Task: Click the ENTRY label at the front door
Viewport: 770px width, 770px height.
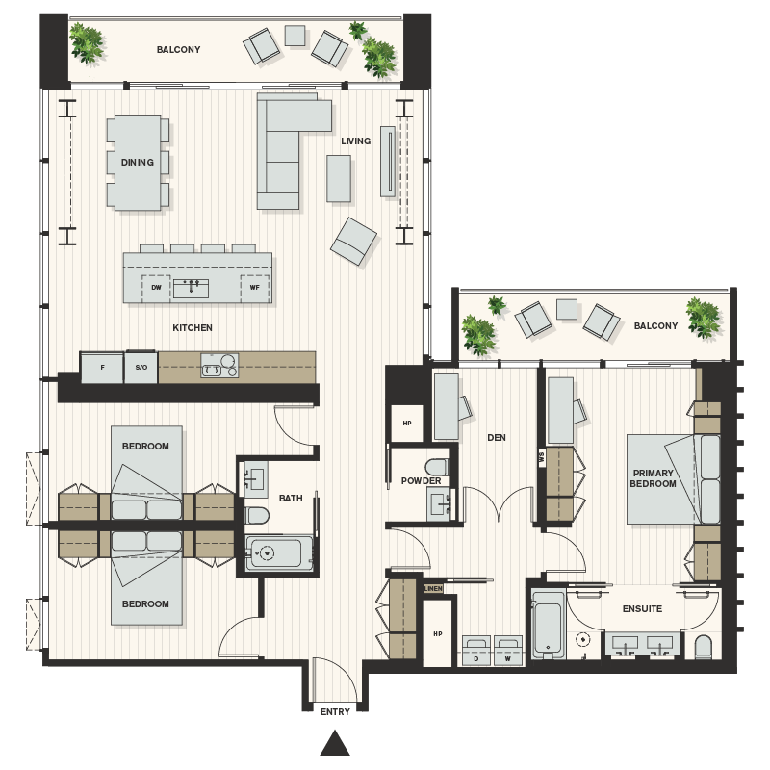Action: coord(335,711)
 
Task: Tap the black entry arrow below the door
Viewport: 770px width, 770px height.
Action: coord(335,742)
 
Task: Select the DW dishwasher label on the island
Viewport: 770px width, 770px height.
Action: coord(156,287)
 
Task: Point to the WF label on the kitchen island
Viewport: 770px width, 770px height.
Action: coord(254,287)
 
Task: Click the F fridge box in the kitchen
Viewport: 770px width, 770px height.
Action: coord(102,368)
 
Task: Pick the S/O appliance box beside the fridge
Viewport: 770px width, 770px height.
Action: coord(141,368)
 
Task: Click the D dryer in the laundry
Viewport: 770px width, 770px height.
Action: coord(476,651)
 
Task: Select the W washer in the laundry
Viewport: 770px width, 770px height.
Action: coord(508,651)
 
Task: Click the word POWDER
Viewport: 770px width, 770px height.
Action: coord(422,480)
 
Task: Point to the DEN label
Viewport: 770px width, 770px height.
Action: coord(497,437)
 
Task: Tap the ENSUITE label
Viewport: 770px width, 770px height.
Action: coord(642,609)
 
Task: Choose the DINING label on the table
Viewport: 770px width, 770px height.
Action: coord(138,163)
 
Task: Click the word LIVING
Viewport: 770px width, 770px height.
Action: coord(355,141)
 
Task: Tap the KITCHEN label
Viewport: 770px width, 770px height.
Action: coord(192,328)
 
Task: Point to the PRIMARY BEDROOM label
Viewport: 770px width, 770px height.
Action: coord(654,478)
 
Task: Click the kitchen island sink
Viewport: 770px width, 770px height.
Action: coord(191,287)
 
